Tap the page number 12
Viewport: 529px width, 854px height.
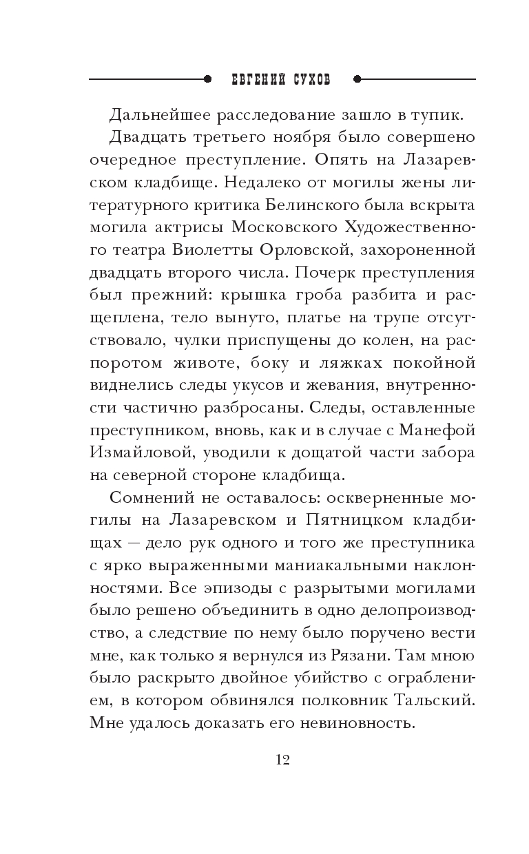tap(282, 760)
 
